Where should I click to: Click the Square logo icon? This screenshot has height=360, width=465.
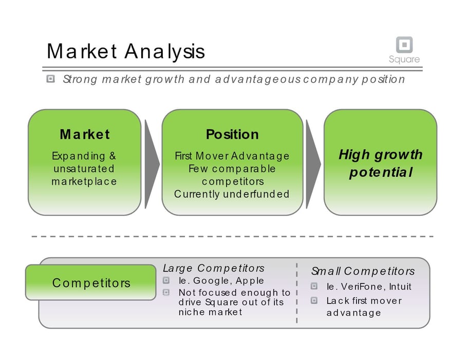404,44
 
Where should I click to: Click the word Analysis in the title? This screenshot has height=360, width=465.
164,51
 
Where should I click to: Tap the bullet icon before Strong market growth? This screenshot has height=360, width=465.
50,79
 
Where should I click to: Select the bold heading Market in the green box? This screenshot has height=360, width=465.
85,135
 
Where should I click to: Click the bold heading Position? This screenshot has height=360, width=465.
232,135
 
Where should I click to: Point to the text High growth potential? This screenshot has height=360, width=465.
381,163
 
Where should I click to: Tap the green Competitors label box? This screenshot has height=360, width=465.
91,282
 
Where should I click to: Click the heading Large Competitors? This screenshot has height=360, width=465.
214,268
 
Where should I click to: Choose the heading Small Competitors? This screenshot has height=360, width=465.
363,271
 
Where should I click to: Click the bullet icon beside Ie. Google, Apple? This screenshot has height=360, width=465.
166,281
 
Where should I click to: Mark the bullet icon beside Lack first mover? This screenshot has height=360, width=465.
314,300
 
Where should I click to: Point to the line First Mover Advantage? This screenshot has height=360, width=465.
232,156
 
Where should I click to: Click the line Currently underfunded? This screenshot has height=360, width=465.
232,194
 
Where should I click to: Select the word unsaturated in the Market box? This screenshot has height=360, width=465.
84,169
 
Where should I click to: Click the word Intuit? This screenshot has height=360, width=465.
400,286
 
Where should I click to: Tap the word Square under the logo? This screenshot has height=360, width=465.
404,59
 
